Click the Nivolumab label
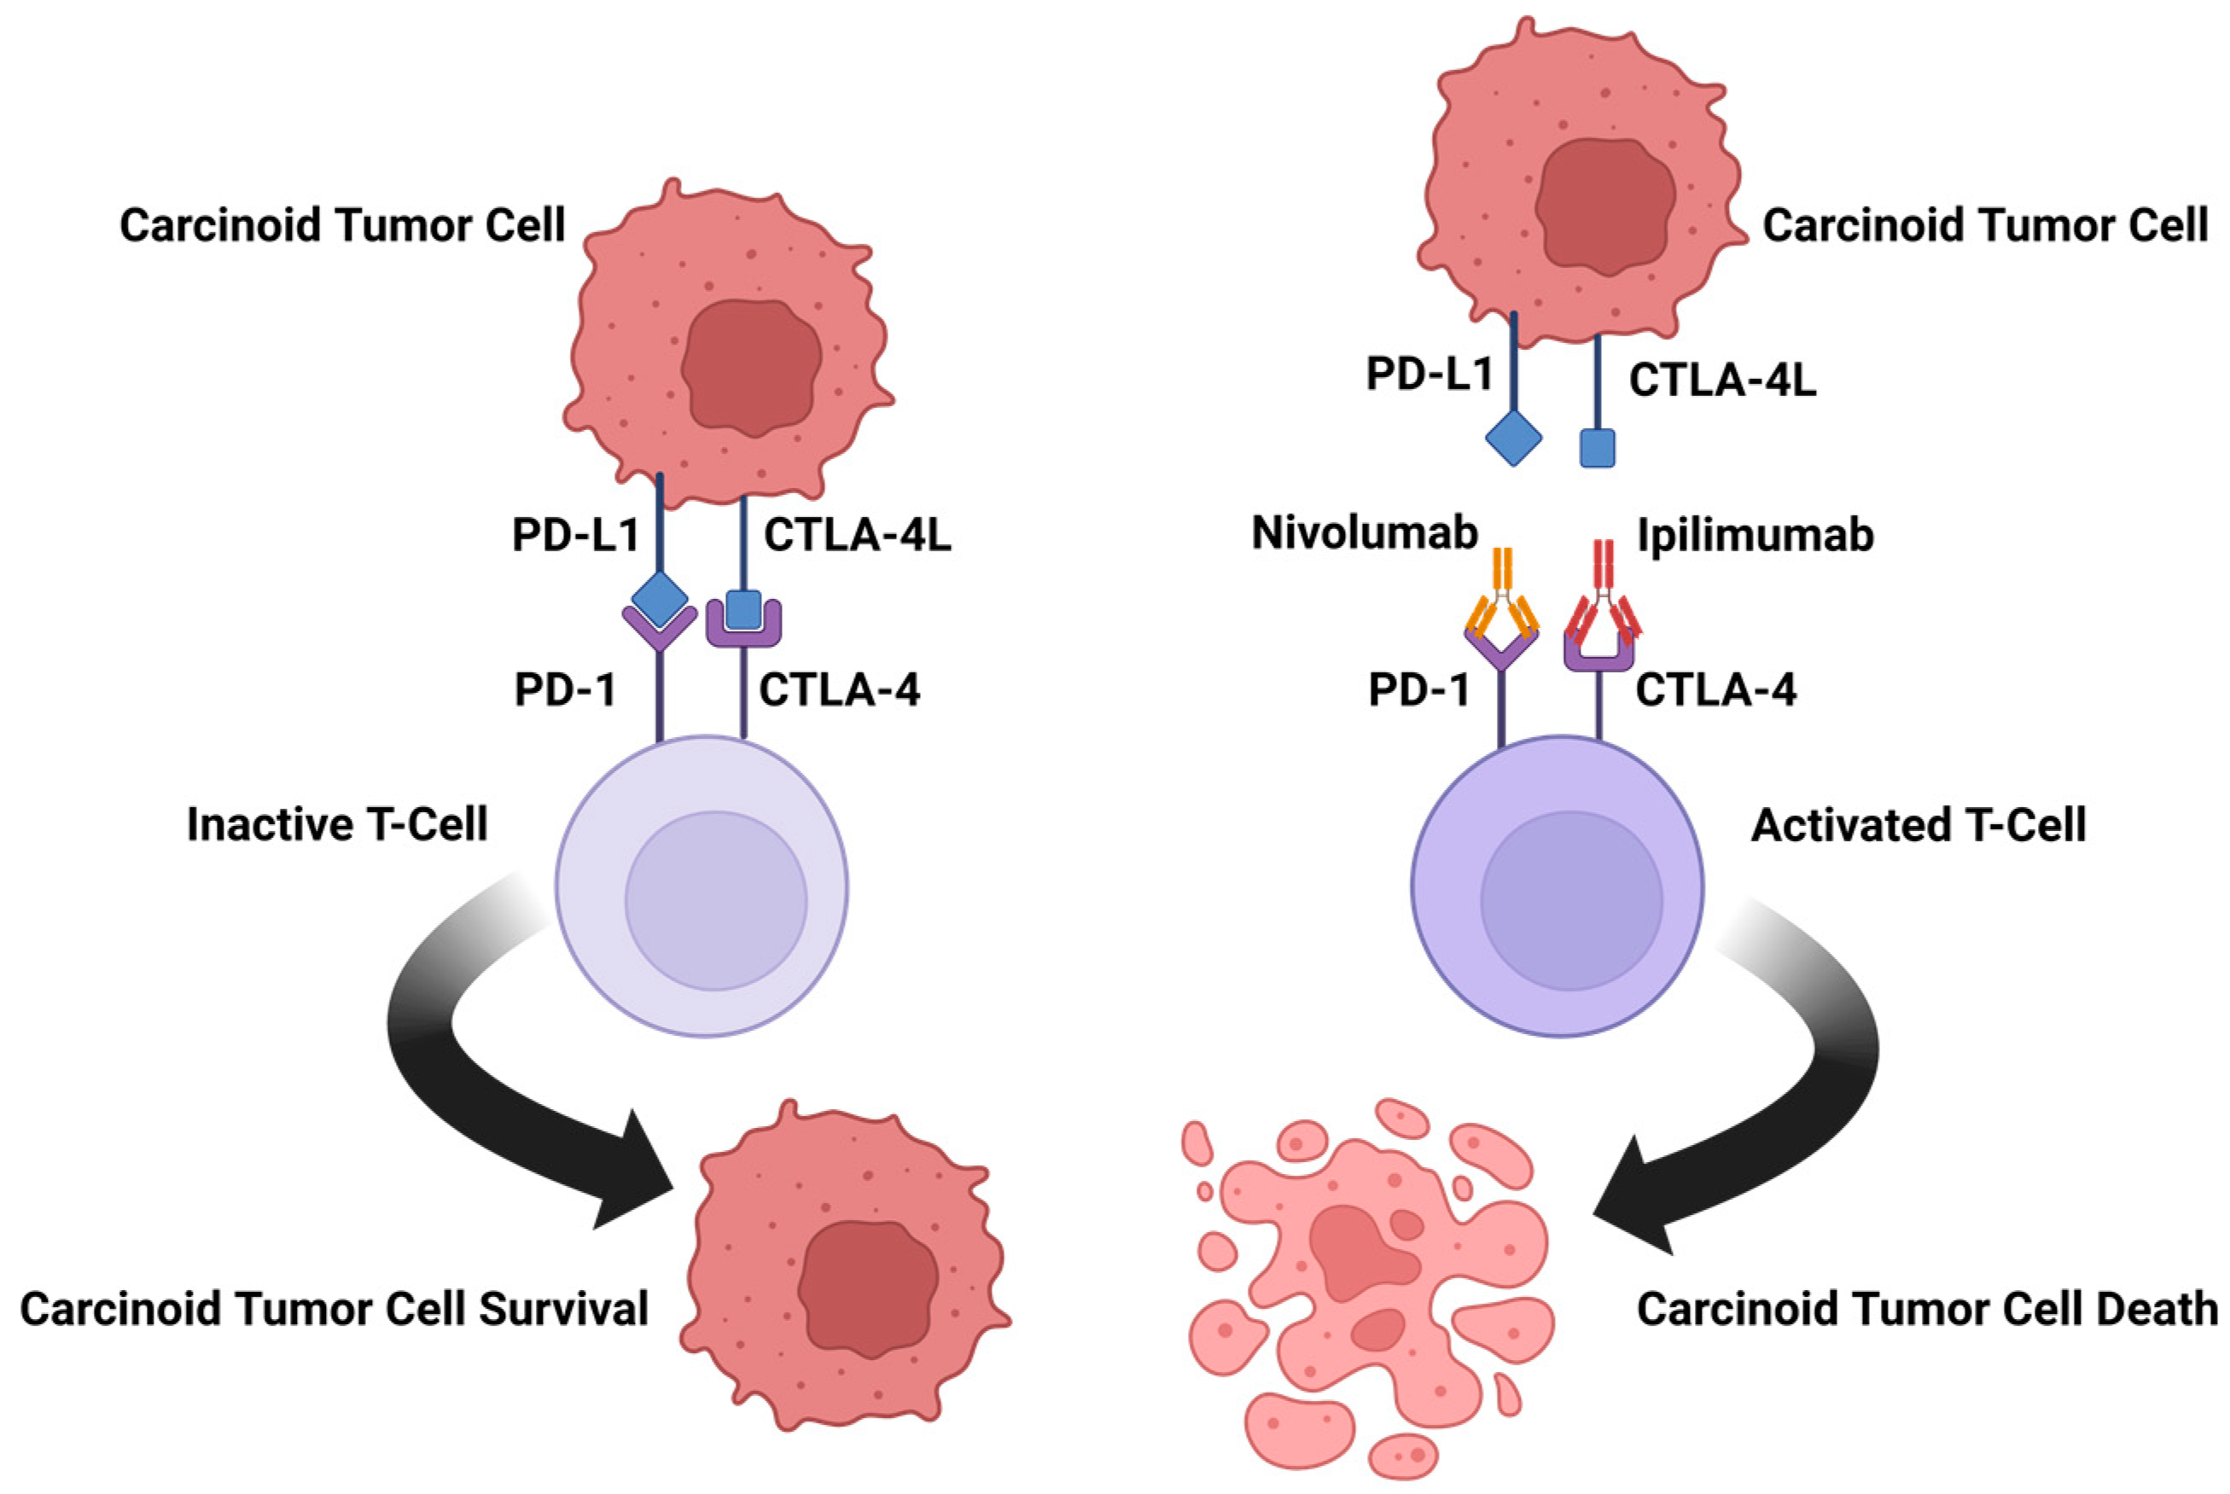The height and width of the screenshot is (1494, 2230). (x=1364, y=533)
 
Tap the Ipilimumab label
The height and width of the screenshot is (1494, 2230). (x=1755, y=536)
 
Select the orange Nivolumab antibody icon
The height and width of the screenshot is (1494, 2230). (x=1502, y=601)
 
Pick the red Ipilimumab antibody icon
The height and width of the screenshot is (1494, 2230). (x=1603, y=601)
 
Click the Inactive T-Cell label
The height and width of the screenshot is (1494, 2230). (x=336, y=824)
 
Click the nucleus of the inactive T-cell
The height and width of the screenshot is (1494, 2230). (x=716, y=900)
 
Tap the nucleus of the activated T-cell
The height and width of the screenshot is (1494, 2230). (x=1570, y=900)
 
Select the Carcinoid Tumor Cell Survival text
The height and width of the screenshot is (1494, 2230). (x=334, y=1309)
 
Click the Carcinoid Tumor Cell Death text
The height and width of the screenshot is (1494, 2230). (x=1927, y=1309)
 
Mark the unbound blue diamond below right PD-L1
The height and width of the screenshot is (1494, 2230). (x=1513, y=439)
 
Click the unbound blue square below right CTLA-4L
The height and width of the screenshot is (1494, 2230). (x=1598, y=447)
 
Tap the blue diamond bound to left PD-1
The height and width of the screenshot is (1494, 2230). (x=660, y=598)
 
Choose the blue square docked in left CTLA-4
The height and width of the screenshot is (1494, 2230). (x=743, y=610)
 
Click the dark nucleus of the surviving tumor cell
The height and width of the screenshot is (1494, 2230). (x=868, y=1287)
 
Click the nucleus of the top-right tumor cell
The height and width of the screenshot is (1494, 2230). (x=1607, y=205)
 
